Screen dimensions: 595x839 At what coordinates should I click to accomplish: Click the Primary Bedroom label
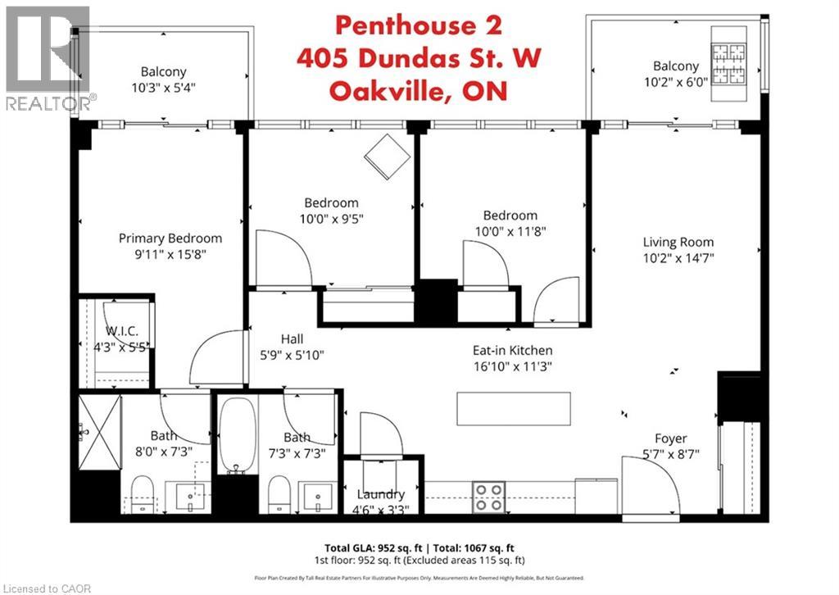tap(170, 238)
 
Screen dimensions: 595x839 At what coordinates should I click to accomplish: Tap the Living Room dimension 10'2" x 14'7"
tap(678, 258)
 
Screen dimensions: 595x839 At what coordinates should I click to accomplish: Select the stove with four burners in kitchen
tap(489, 496)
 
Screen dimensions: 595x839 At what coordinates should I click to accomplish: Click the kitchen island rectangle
tap(513, 407)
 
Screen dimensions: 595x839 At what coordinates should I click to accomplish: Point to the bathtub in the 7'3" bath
tap(236, 434)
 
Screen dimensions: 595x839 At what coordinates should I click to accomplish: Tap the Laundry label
tap(381, 494)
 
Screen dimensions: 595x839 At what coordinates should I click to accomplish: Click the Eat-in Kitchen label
tap(512, 350)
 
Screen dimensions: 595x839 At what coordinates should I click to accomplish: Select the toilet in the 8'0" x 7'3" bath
tap(142, 496)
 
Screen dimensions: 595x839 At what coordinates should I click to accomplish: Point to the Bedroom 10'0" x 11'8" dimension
tap(510, 232)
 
